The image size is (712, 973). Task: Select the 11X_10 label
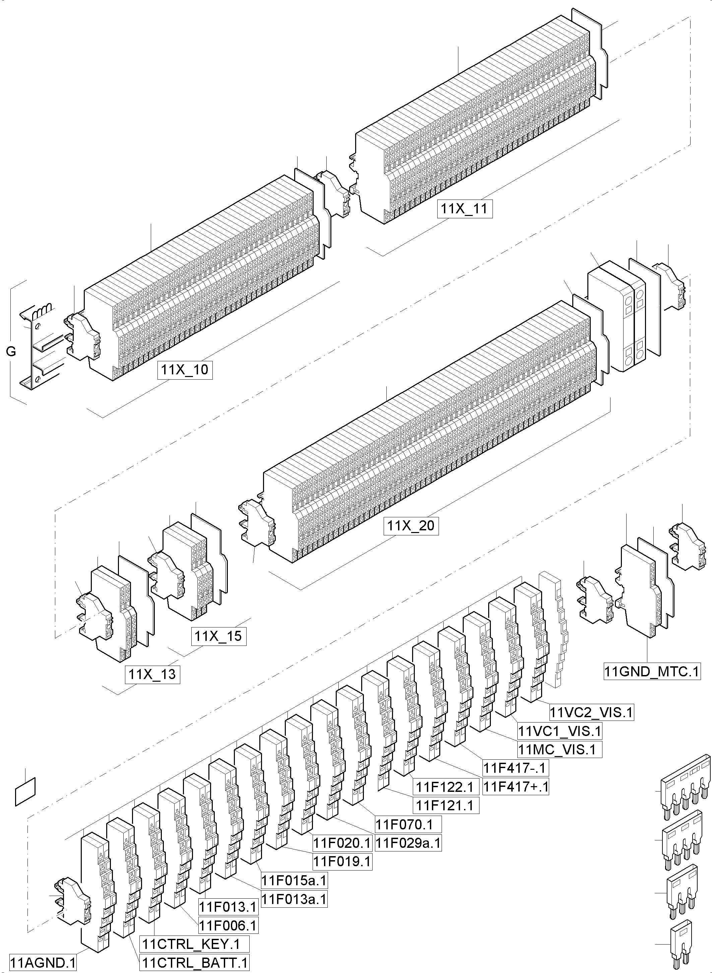(x=185, y=370)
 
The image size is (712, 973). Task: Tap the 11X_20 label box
(x=411, y=526)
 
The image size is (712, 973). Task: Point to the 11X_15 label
(x=218, y=636)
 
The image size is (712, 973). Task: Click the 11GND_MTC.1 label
(x=651, y=672)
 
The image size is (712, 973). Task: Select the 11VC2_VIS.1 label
(x=591, y=713)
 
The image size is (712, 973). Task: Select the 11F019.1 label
(x=342, y=862)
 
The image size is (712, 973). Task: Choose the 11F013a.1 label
(x=295, y=899)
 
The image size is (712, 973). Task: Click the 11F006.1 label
(x=228, y=925)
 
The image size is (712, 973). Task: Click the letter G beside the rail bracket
(x=11, y=352)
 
